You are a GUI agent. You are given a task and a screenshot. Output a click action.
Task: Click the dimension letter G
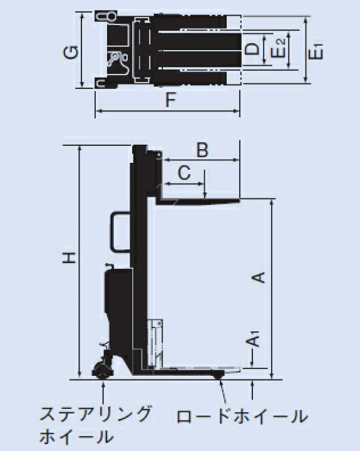point(71,53)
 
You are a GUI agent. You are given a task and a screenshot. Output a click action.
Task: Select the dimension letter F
point(170,100)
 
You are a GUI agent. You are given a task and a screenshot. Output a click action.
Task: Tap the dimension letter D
point(252,49)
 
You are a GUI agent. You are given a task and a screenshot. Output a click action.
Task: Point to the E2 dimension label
point(279,48)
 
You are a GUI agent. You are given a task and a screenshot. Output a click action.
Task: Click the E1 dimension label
point(315,51)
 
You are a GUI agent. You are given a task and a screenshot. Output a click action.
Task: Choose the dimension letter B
point(202,150)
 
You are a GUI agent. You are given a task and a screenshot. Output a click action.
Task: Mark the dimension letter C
point(184,173)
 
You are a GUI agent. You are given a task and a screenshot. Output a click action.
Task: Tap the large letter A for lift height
point(258,277)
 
